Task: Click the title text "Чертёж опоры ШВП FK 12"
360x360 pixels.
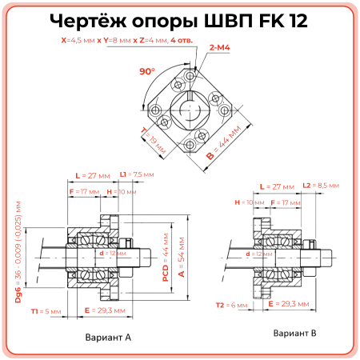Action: (180, 20)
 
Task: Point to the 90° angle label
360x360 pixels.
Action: (146, 71)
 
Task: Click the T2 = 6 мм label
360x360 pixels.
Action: (233, 305)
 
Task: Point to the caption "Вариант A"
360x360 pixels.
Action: (108, 338)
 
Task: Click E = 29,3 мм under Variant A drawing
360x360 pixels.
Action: (107, 310)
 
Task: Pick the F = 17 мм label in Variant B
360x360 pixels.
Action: (286, 203)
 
